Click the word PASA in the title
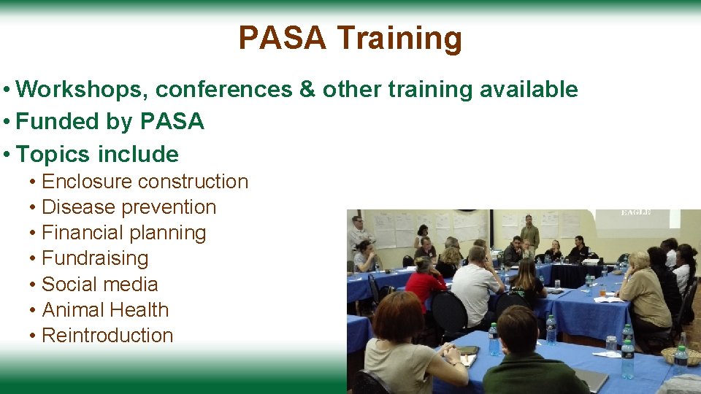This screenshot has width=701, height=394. coord(282,38)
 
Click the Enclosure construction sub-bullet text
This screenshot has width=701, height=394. coord(145,181)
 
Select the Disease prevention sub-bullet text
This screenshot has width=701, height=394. coord(129,207)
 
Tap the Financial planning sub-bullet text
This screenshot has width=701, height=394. coord(123,233)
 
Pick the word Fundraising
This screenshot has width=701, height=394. coord(95,258)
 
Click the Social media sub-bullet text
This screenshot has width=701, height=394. coord(99,284)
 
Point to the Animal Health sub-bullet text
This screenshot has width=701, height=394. coord(105,309)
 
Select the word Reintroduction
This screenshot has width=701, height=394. coord(107,335)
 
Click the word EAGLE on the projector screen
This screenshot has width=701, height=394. coord(635,212)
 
